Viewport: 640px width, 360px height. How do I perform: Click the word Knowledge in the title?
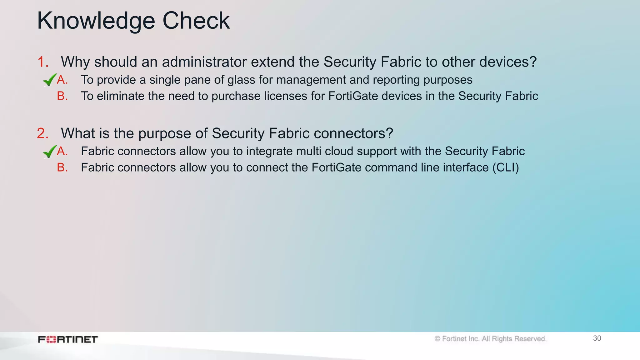(96, 21)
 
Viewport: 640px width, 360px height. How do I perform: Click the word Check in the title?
(196, 21)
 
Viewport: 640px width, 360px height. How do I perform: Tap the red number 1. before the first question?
(43, 62)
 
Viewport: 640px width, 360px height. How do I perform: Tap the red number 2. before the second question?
(43, 133)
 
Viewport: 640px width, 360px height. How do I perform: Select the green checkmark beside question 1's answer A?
(49, 80)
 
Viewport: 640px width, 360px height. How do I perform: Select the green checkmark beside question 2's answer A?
(49, 152)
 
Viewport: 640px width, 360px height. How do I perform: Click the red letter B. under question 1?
(62, 96)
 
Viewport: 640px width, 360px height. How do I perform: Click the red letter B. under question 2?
(62, 167)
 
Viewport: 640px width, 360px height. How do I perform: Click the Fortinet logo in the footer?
(68, 339)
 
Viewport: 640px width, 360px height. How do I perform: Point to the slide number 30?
(597, 338)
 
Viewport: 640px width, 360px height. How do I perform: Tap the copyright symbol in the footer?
(437, 339)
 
